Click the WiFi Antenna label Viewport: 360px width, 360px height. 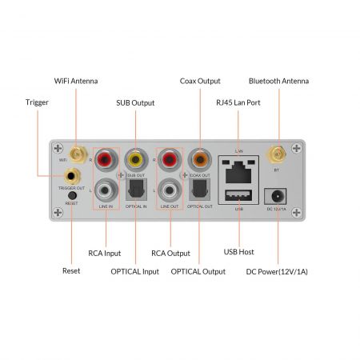(x=76, y=81)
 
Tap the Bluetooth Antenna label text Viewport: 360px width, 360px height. (x=278, y=81)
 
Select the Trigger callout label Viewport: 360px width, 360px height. (x=37, y=102)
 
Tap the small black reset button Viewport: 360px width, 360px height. (x=72, y=195)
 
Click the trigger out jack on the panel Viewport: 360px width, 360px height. (x=72, y=175)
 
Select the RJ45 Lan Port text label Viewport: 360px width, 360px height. (x=238, y=102)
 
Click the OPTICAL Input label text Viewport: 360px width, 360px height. (x=134, y=271)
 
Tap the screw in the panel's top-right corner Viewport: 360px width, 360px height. (x=296, y=148)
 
